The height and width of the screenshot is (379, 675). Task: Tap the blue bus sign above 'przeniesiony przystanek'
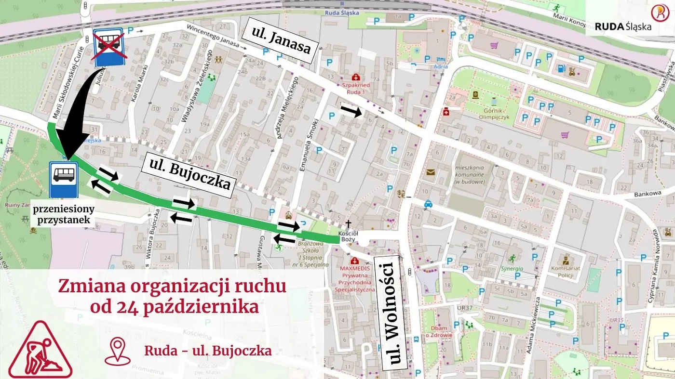64,179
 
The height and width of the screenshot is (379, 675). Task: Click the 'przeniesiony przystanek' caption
64,215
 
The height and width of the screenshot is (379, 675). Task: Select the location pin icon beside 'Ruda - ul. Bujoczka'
118,351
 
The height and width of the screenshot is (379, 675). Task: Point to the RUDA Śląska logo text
623,26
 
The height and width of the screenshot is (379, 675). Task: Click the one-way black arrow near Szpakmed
351,111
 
